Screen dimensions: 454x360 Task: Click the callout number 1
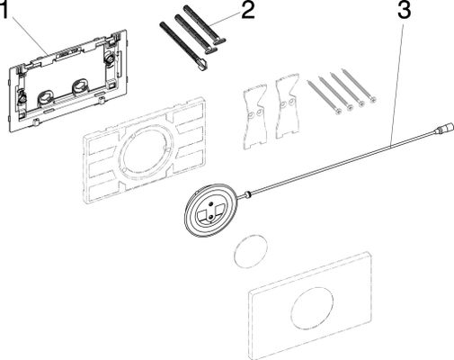coord(4,10)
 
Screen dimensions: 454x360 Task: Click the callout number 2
coord(248,11)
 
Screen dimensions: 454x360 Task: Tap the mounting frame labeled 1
coord(67,80)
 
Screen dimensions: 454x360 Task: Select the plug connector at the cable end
coord(443,126)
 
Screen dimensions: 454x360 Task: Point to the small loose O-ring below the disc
coord(251,249)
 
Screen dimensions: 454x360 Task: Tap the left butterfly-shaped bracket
coord(255,118)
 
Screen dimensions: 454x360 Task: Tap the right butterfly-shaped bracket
coord(287,105)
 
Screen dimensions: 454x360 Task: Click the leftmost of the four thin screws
coord(325,97)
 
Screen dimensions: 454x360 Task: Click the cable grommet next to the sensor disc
coord(247,194)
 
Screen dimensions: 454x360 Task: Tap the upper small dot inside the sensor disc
coord(212,204)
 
